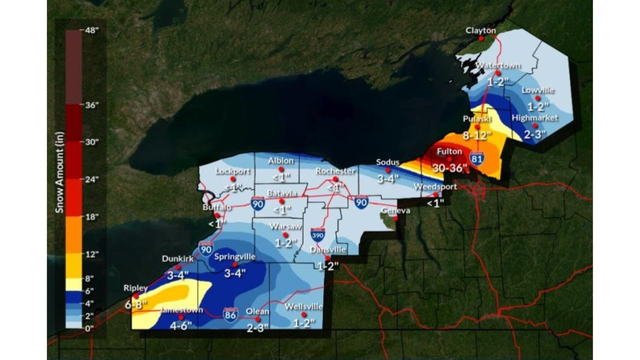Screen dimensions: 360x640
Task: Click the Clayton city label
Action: coord(480,30)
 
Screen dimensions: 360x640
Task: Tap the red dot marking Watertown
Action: coord(498,73)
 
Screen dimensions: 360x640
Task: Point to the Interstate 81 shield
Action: coord(476,158)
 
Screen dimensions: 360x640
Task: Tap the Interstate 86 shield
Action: coord(230,314)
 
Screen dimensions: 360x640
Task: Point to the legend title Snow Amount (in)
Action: coord(59,172)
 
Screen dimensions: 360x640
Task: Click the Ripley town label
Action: coord(136,288)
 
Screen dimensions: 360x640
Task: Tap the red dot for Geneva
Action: coord(395,218)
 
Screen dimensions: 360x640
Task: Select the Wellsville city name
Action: coord(303,306)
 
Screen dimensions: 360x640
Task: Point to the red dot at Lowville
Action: coord(537,98)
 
